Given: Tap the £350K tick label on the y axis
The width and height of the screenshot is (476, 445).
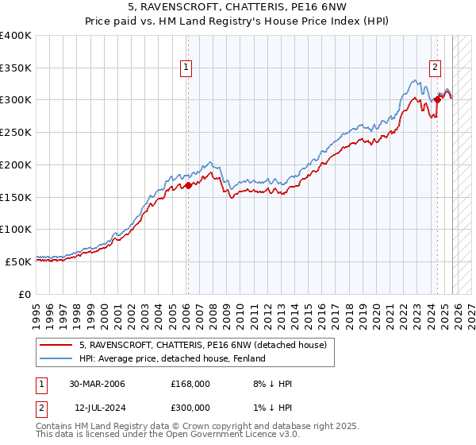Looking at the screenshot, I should (16, 68).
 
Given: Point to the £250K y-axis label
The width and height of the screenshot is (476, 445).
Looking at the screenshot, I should (16, 132).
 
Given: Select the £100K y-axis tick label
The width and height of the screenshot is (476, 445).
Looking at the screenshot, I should (16, 229).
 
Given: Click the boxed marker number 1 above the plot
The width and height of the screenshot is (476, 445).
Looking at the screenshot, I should (186, 68).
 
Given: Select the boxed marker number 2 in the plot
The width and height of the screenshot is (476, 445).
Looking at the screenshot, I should (436, 68).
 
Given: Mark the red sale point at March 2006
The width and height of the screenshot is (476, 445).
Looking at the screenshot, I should (189, 186).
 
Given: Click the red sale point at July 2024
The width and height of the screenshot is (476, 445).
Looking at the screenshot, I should (437, 100).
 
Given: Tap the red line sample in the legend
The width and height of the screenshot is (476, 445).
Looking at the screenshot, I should (56, 345).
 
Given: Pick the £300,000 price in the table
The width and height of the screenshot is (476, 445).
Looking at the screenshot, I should (190, 407).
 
